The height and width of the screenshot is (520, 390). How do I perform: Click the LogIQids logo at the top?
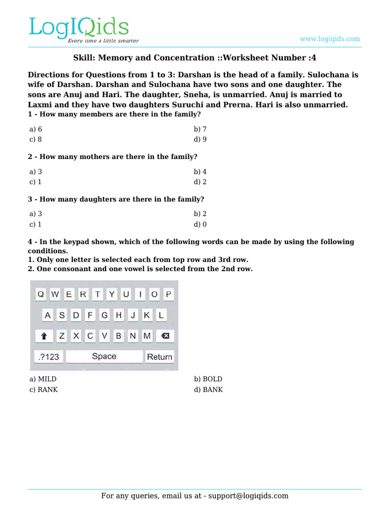point(79,29)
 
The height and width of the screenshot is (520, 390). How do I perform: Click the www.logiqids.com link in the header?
point(330,39)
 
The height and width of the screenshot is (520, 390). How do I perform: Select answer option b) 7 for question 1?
point(200,129)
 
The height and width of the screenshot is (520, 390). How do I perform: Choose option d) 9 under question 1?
point(200,139)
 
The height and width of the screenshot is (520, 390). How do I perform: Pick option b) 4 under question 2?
point(200,172)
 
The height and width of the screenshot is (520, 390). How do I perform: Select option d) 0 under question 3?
point(200,224)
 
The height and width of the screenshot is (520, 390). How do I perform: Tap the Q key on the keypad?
point(41,294)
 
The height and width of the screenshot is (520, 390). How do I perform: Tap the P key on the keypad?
point(168,294)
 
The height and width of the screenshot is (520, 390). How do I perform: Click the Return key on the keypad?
point(159,356)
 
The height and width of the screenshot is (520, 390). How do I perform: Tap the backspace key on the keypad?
point(166,336)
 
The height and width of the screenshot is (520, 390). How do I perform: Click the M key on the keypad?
point(147,336)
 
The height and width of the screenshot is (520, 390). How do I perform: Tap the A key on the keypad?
point(48,315)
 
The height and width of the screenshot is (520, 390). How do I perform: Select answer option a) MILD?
point(43,379)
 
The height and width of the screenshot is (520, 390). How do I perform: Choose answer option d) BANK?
point(208,389)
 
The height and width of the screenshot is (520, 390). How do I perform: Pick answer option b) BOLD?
point(208,379)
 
